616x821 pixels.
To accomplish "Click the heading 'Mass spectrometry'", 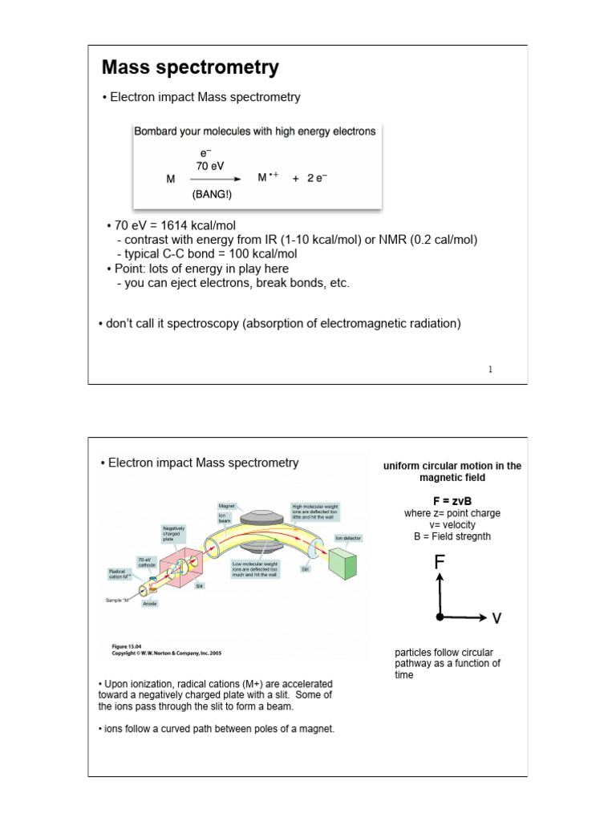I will pos(190,68).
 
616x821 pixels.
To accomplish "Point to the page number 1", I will pos(490,369).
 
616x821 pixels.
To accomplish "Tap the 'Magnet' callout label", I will pos(226,506).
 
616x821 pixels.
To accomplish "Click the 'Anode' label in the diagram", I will pos(150,604).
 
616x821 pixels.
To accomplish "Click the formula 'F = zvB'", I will pos(452,501).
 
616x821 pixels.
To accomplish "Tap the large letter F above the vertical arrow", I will pos(439,562).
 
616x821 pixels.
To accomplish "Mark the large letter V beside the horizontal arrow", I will pos(496,618).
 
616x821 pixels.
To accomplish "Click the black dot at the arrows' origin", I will pos(440,617).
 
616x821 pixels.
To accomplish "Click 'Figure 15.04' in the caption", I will pos(126,645).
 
